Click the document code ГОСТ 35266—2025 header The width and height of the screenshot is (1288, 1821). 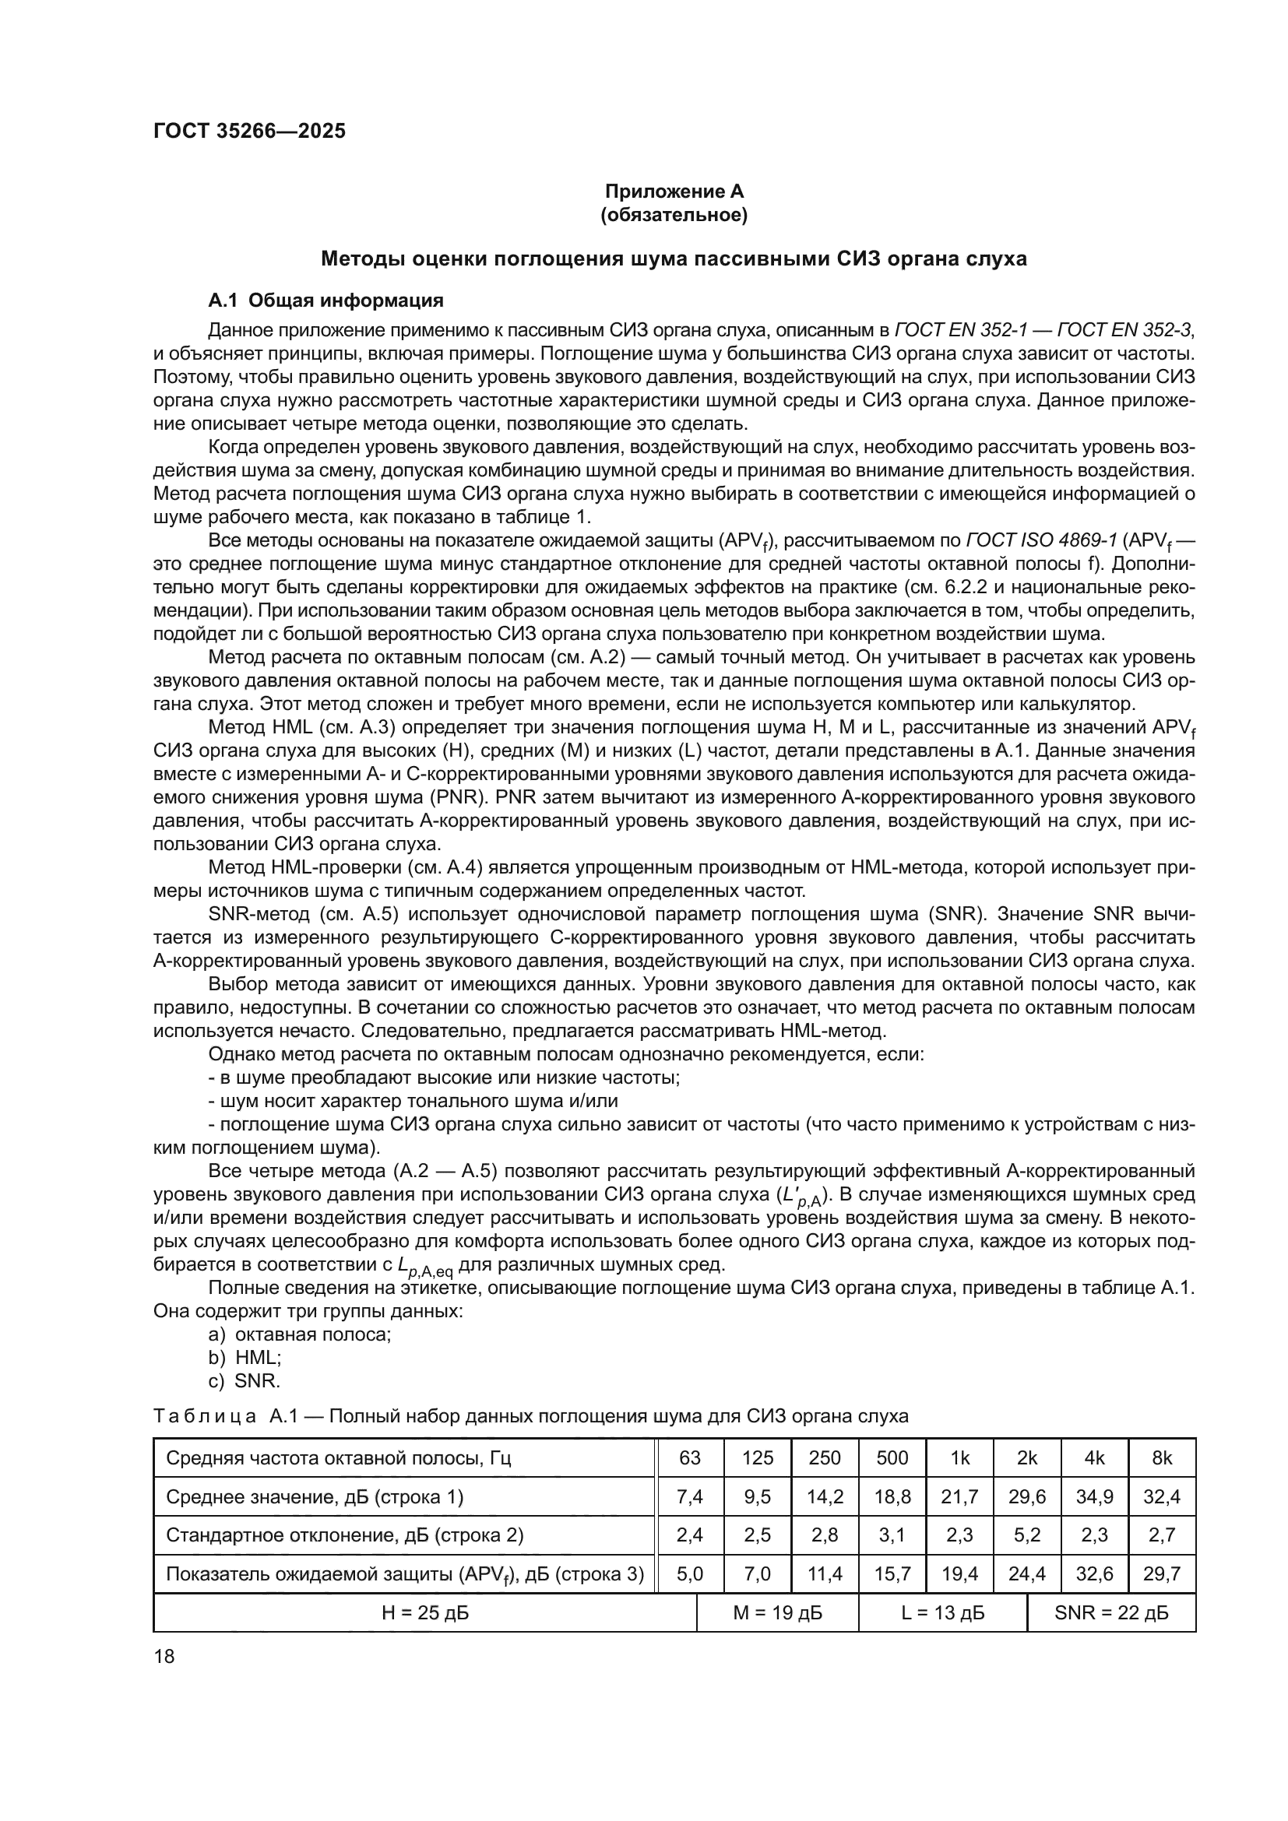point(249,131)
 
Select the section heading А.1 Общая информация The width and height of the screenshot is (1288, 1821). point(326,301)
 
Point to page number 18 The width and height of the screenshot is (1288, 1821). point(164,1656)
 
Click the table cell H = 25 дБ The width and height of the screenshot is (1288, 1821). point(424,1612)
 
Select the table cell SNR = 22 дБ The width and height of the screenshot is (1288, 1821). point(1110,1612)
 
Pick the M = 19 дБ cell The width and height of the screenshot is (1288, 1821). point(776,1612)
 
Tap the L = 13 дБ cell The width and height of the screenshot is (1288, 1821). point(942,1612)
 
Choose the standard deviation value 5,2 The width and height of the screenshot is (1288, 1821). point(1027,1534)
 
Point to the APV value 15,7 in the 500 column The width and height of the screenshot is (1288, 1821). point(892,1573)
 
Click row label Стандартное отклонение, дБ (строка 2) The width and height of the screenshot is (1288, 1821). point(344,1534)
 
